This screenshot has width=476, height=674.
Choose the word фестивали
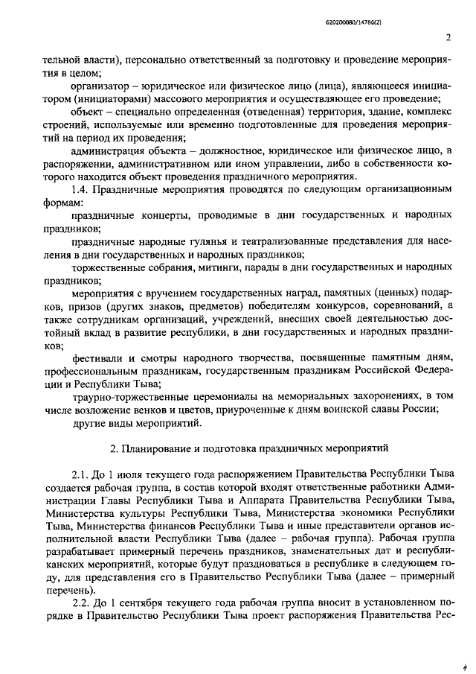click(x=97, y=358)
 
